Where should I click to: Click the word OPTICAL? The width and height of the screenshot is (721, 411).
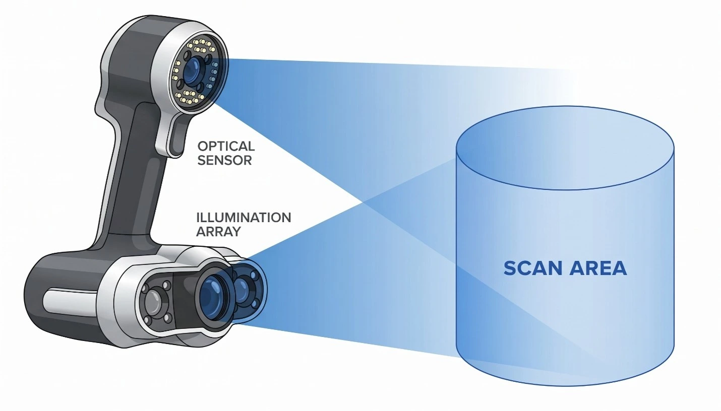[226, 147]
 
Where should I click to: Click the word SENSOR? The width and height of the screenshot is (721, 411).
[224, 160]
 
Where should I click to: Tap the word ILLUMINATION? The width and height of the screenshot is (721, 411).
[244, 218]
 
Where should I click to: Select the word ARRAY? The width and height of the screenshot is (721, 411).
[218, 232]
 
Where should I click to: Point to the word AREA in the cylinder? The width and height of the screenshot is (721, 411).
[598, 268]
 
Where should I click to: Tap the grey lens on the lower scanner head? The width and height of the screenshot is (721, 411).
[154, 303]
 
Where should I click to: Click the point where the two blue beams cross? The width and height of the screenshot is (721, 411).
[363, 202]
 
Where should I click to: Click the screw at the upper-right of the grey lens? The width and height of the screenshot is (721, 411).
[167, 285]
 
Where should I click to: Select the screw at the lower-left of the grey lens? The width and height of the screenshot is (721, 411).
[148, 320]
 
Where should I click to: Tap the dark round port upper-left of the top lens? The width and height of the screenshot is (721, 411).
[187, 56]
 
